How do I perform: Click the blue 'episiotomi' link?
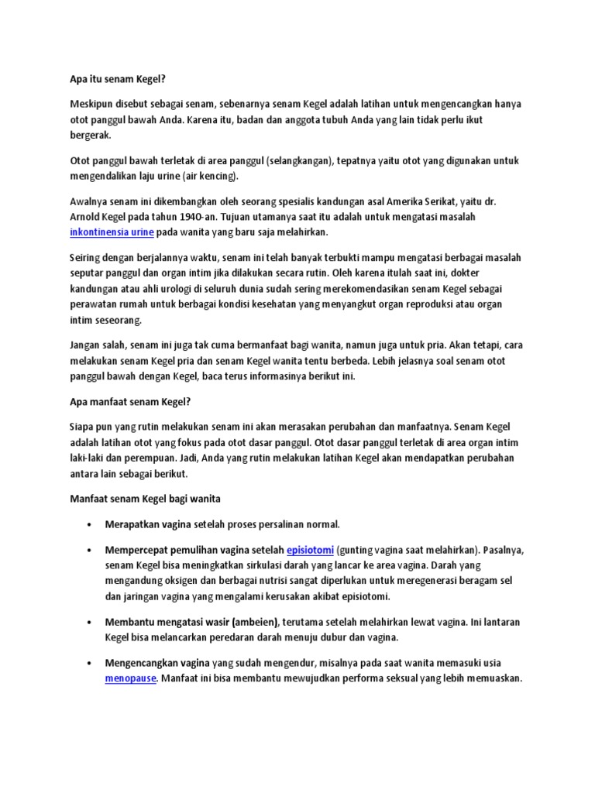(310, 550)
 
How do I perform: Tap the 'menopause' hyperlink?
(131, 678)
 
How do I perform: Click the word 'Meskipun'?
(83, 103)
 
